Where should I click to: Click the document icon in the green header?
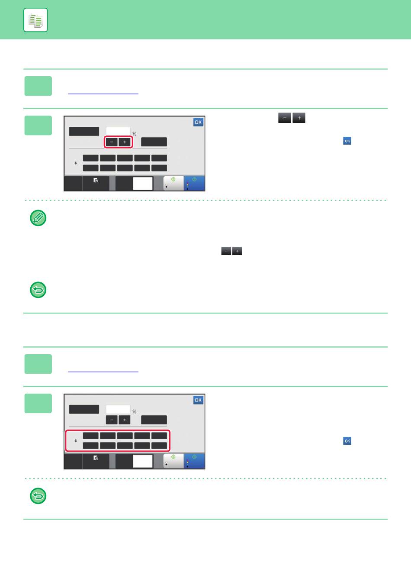point(35,20)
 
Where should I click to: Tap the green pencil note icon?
point(38,218)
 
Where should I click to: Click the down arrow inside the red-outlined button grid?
point(76,441)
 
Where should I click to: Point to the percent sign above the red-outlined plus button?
point(135,133)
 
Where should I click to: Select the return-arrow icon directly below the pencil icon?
point(38,290)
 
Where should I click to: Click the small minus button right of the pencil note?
point(226,251)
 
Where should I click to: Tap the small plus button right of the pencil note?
point(237,251)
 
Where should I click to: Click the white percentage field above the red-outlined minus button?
point(118,132)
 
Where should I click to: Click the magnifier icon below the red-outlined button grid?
point(96,458)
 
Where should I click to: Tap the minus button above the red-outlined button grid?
point(112,420)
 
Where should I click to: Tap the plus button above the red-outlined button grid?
point(125,420)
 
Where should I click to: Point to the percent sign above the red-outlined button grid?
point(135,411)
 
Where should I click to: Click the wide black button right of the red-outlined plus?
point(154,142)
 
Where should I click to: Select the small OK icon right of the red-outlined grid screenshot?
point(347,441)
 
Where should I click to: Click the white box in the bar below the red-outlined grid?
point(143,461)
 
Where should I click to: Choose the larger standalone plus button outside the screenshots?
point(299,118)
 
